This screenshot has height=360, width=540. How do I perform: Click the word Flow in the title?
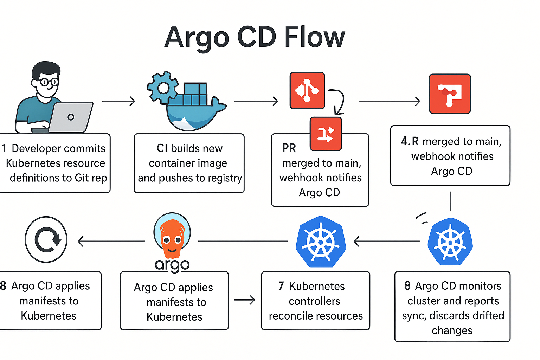coord(315,37)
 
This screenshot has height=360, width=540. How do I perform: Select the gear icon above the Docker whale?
coord(163,88)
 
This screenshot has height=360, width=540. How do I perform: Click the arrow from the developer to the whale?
coord(118,101)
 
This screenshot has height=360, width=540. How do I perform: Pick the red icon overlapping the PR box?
coord(326,134)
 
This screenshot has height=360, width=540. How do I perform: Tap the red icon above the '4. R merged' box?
coord(450,94)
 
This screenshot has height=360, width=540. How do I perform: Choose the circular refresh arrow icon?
coord(46,239)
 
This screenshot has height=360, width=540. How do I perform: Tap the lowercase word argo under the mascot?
coord(172,265)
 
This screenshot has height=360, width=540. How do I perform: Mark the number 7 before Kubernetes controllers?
coord(281,286)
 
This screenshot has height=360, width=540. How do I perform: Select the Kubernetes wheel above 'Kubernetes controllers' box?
coord(321,242)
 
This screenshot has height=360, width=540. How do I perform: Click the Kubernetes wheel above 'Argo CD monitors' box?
coord(450,242)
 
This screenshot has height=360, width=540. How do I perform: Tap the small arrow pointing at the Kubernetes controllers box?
coord(244,300)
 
